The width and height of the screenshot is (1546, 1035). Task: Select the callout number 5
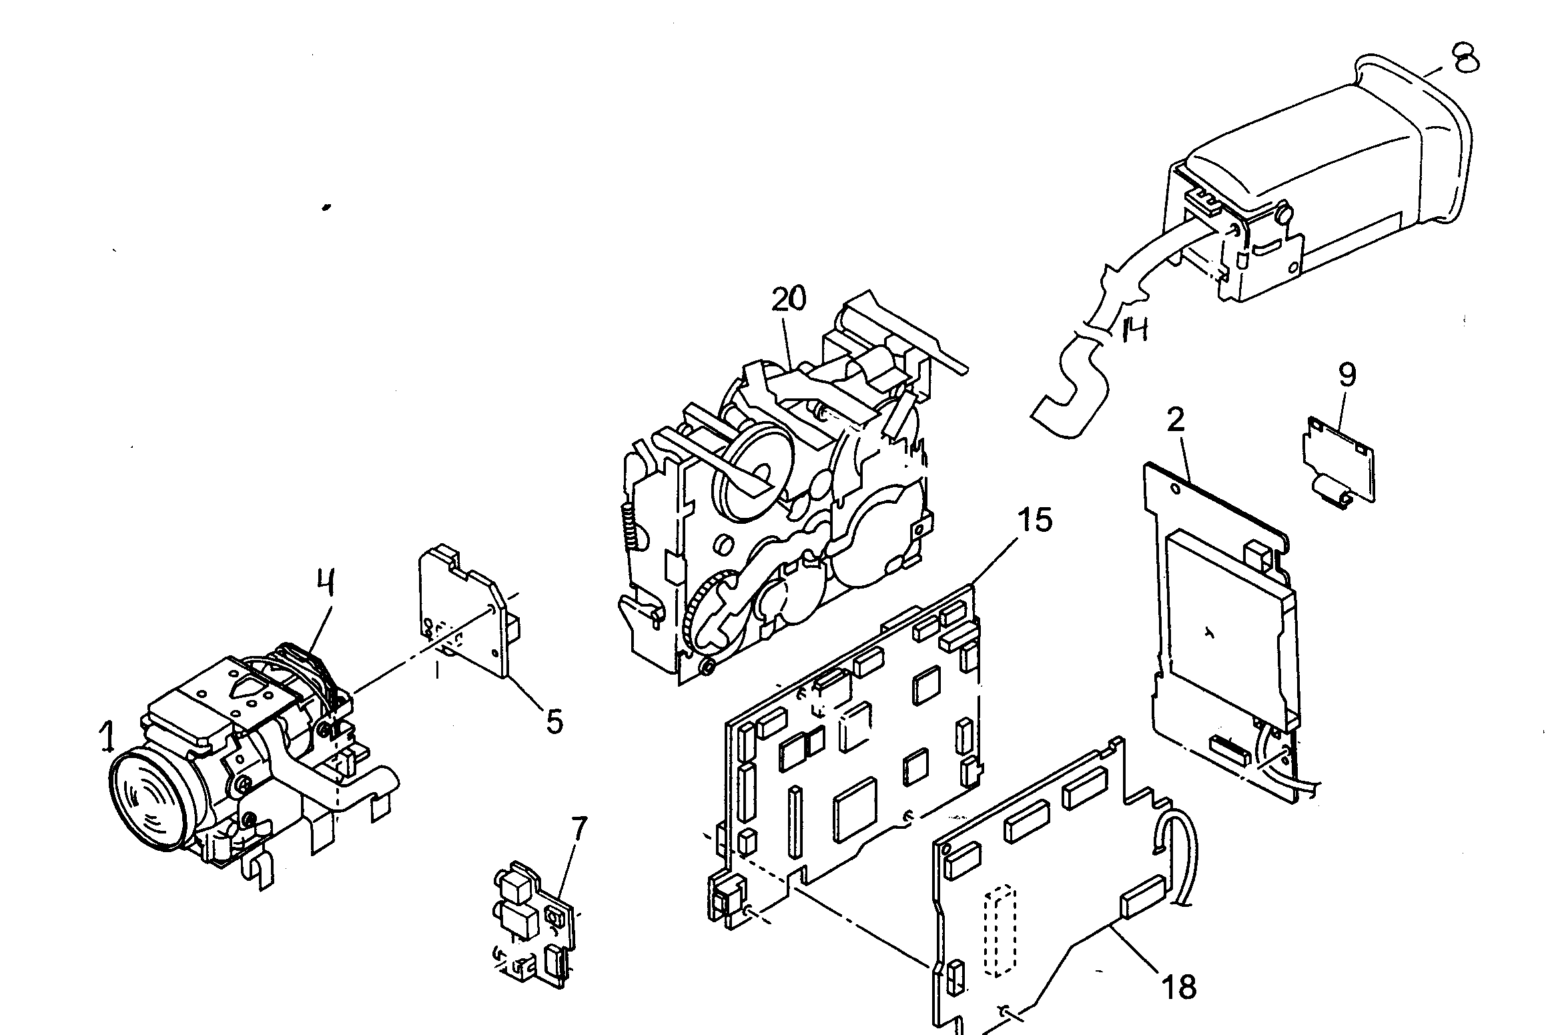554,721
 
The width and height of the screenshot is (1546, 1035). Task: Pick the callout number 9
1347,374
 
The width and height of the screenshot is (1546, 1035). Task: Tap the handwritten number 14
1135,329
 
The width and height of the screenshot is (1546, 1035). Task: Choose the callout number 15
1035,521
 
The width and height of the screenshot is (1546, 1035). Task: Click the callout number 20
789,300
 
